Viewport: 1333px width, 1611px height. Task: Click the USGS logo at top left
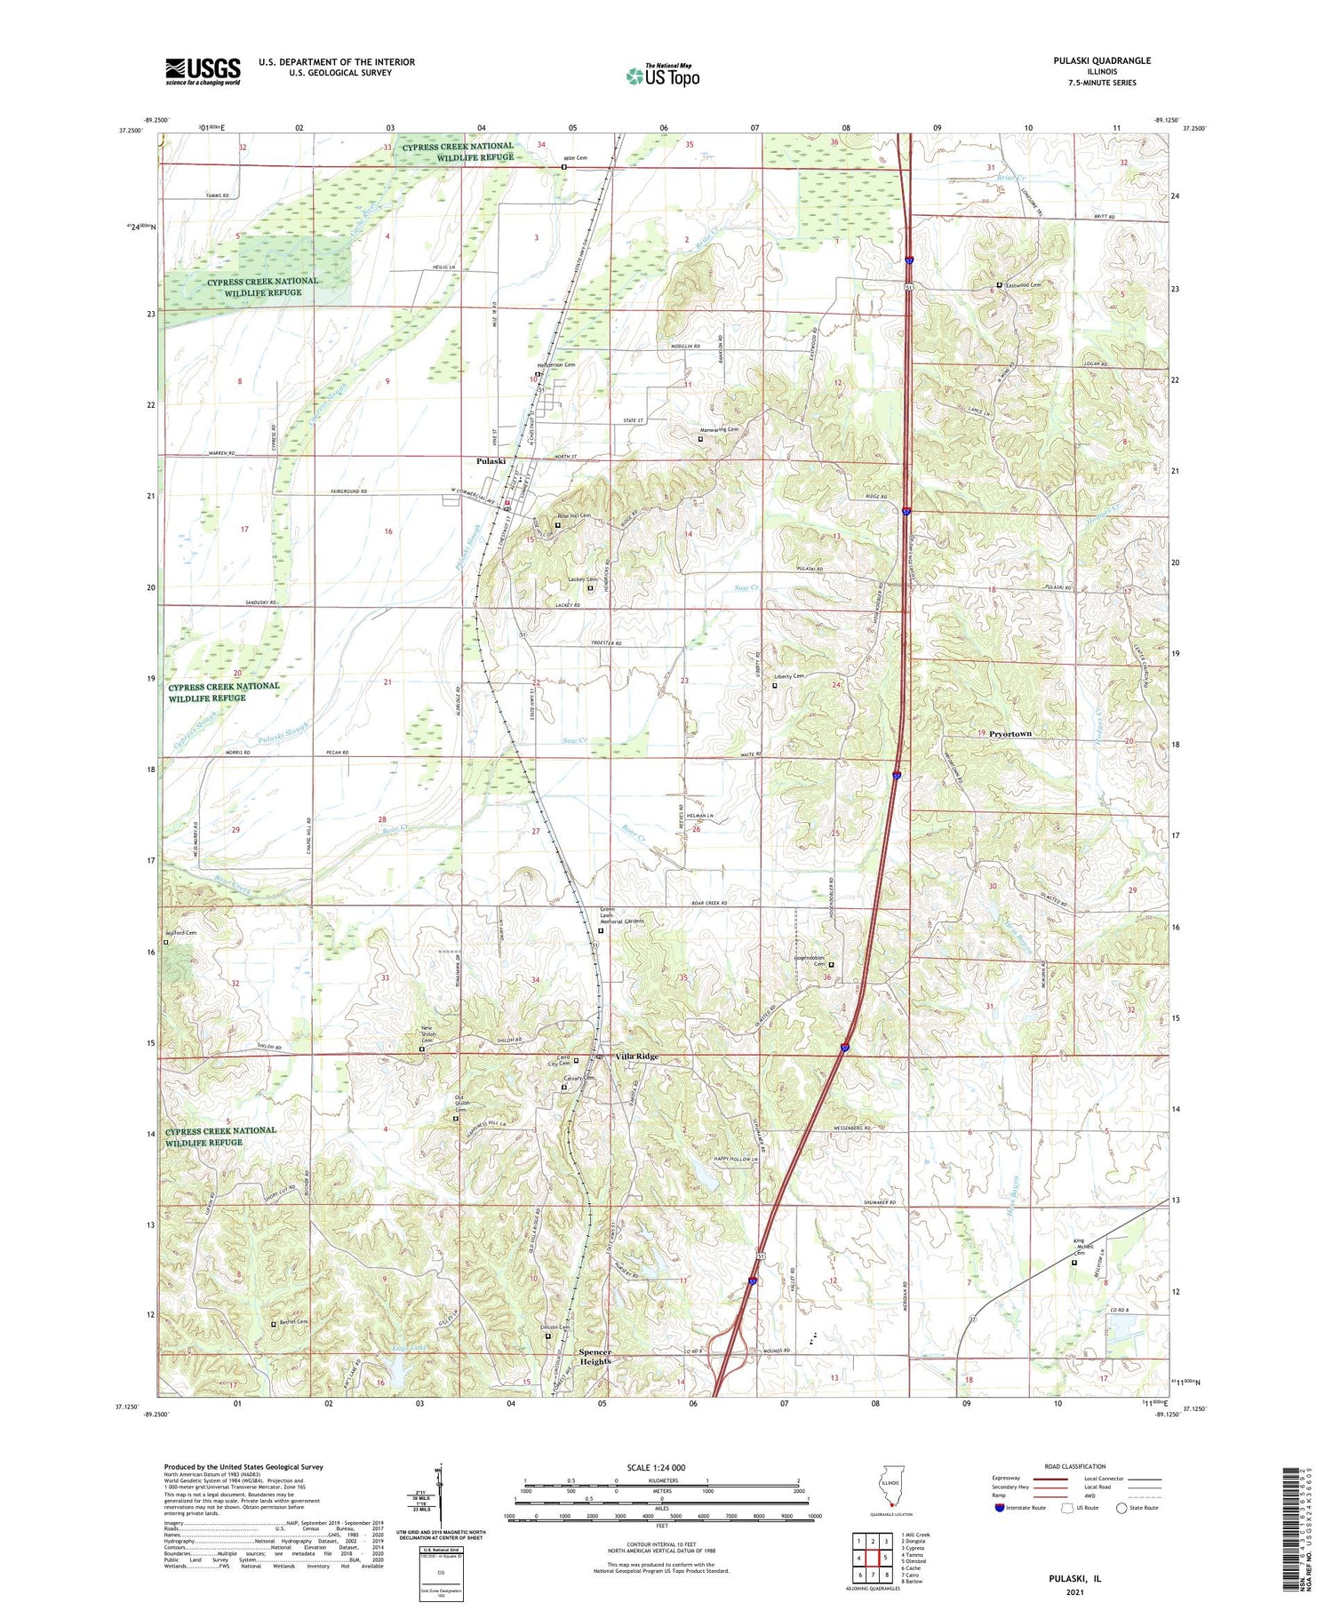[203, 71]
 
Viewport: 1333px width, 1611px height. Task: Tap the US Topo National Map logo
[662, 76]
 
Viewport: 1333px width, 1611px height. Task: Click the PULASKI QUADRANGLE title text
[1102, 60]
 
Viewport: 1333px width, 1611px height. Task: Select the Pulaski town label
[491, 461]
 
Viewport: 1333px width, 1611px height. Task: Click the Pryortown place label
[1010, 734]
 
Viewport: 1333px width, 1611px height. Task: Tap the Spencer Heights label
[595, 1356]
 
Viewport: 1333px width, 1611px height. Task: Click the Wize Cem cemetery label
[575, 158]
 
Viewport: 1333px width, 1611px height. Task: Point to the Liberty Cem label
[789, 676]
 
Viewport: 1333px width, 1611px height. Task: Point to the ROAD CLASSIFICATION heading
[1075, 1466]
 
